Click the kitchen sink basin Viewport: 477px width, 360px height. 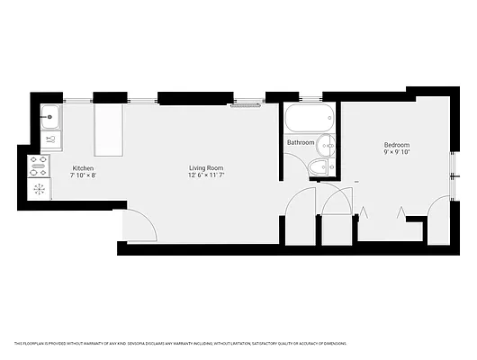50,115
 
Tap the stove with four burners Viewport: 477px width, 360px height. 40,164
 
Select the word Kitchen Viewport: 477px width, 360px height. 84,168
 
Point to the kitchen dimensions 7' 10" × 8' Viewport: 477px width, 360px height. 84,175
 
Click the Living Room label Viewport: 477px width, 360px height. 205,168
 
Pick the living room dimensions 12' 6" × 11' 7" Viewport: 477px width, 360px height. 205,175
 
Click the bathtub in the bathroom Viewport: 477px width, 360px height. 309,117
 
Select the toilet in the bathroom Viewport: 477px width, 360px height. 318,166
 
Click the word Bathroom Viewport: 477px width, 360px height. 301,143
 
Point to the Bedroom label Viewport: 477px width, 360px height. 397,145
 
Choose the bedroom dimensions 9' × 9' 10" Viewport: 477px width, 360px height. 397,152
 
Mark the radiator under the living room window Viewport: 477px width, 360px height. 245,105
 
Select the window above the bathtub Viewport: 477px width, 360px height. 310,97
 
